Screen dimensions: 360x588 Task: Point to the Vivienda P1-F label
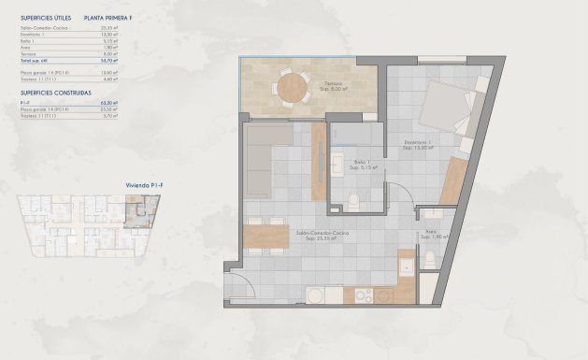(145, 187)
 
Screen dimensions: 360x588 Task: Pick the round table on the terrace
(296, 88)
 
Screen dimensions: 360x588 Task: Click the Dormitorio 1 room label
(421, 145)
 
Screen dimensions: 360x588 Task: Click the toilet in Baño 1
(354, 199)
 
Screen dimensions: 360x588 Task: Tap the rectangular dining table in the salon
(265, 234)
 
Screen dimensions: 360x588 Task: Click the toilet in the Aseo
(430, 257)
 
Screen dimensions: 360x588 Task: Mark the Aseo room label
(431, 234)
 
